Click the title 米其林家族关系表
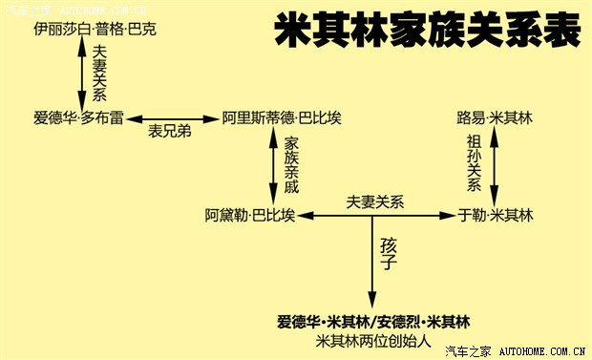point(427,32)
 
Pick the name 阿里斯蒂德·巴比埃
point(282,117)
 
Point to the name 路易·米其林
point(495,117)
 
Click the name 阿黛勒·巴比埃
point(249,216)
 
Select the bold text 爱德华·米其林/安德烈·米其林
point(374,321)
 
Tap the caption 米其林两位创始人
point(374,340)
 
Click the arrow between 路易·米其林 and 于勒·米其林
point(494,166)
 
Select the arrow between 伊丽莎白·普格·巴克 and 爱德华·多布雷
point(81,74)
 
